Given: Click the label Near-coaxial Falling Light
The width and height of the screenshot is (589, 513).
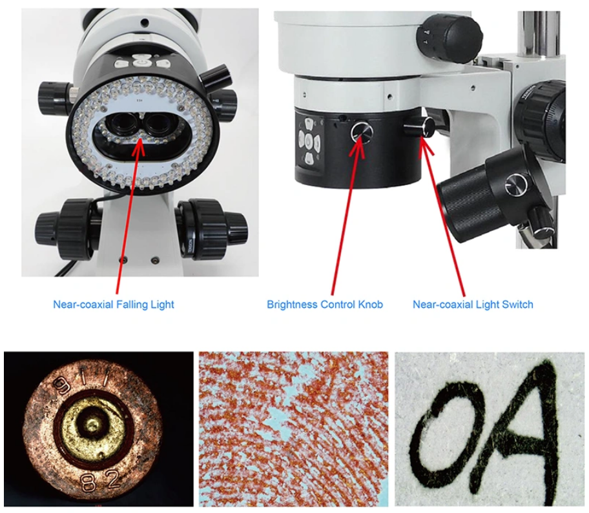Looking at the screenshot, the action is tap(114, 304).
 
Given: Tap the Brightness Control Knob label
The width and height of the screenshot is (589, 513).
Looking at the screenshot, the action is tap(325, 304).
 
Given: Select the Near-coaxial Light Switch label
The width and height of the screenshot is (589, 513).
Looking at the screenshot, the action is tap(473, 304).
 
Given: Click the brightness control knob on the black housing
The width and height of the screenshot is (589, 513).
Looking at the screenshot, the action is tap(362, 132).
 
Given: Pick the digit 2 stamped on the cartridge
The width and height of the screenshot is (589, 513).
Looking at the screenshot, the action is tap(112, 479).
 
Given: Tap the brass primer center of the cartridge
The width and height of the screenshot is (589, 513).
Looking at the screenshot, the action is tap(92, 426).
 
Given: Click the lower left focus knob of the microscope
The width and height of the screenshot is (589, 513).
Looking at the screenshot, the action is tap(64, 228).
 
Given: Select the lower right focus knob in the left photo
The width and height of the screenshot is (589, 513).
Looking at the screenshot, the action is tap(213, 229).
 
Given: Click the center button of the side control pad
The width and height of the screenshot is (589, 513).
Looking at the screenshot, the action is tap(309, 141).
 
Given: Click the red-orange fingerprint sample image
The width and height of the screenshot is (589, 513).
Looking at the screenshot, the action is tap(293, 429).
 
